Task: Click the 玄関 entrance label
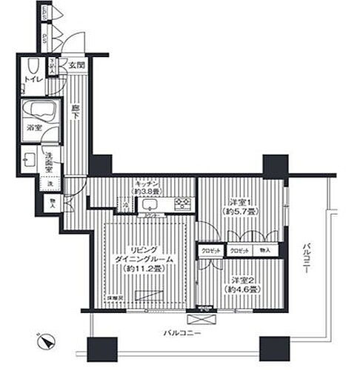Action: (x=77, y=66)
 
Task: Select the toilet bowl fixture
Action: (x=30, y=65)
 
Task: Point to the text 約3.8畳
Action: (x=145, y=193)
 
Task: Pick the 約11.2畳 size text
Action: (x=145, y=268)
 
